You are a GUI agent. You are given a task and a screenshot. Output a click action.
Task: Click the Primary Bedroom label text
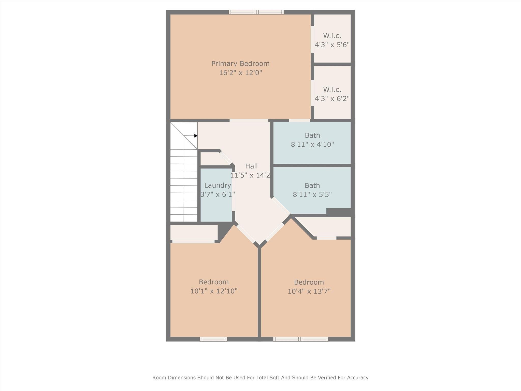pos(240,64)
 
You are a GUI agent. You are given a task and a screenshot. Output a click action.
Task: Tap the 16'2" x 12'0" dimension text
pos(240,73)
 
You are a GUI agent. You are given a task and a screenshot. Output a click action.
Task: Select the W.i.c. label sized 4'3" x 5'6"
pos(332,36)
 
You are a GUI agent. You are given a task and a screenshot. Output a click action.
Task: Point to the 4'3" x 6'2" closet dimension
pos(332,99)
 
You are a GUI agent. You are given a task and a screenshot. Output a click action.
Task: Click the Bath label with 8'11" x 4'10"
pos(312,135)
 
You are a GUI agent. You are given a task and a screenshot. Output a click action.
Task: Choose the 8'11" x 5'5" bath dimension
pos(312,195)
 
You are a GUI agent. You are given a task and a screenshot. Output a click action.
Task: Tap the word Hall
pos(251,166)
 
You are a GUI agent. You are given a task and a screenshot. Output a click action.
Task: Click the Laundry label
pos(218,185)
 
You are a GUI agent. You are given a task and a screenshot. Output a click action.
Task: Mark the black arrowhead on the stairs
pos(196,136)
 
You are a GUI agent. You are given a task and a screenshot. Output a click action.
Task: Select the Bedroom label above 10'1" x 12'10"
pos(214,282)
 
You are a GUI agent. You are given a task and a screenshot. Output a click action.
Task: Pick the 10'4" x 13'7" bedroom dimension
pos(309,291)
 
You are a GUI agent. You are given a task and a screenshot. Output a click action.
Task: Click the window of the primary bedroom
pos(256,12)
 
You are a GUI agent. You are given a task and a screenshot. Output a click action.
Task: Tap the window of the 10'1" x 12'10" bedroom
pos(213,339)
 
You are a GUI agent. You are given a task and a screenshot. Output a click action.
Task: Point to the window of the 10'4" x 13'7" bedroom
pos(301,339)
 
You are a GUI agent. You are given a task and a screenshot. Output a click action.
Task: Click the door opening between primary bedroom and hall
pos(249,120)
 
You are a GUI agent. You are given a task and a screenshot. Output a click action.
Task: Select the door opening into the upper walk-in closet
pos(312,39)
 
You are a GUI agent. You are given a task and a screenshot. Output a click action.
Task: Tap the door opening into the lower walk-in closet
pos(312,93)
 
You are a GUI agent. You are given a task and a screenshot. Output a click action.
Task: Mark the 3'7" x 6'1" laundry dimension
pos(218,194)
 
